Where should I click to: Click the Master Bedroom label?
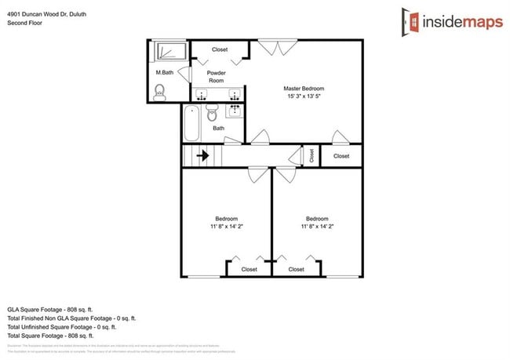(x=304, y=88)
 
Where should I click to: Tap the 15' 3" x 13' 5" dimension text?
(x=304, y=96)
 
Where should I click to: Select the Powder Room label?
(x=216, y=77)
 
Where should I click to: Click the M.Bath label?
(x=164, y=73)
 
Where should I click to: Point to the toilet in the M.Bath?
(x=160, y=93)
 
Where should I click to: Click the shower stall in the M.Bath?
(x=168, y=52)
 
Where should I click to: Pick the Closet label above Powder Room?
(x=220, y=49)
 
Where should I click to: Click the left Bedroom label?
(x=227, y=218)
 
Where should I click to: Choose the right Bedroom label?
(x=317, y=218)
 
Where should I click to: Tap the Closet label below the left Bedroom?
(x=249, y=269)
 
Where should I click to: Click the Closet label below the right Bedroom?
(x=296, y=269)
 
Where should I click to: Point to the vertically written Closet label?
(x=311, y=155)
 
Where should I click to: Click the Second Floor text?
(x=25, y=23)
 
